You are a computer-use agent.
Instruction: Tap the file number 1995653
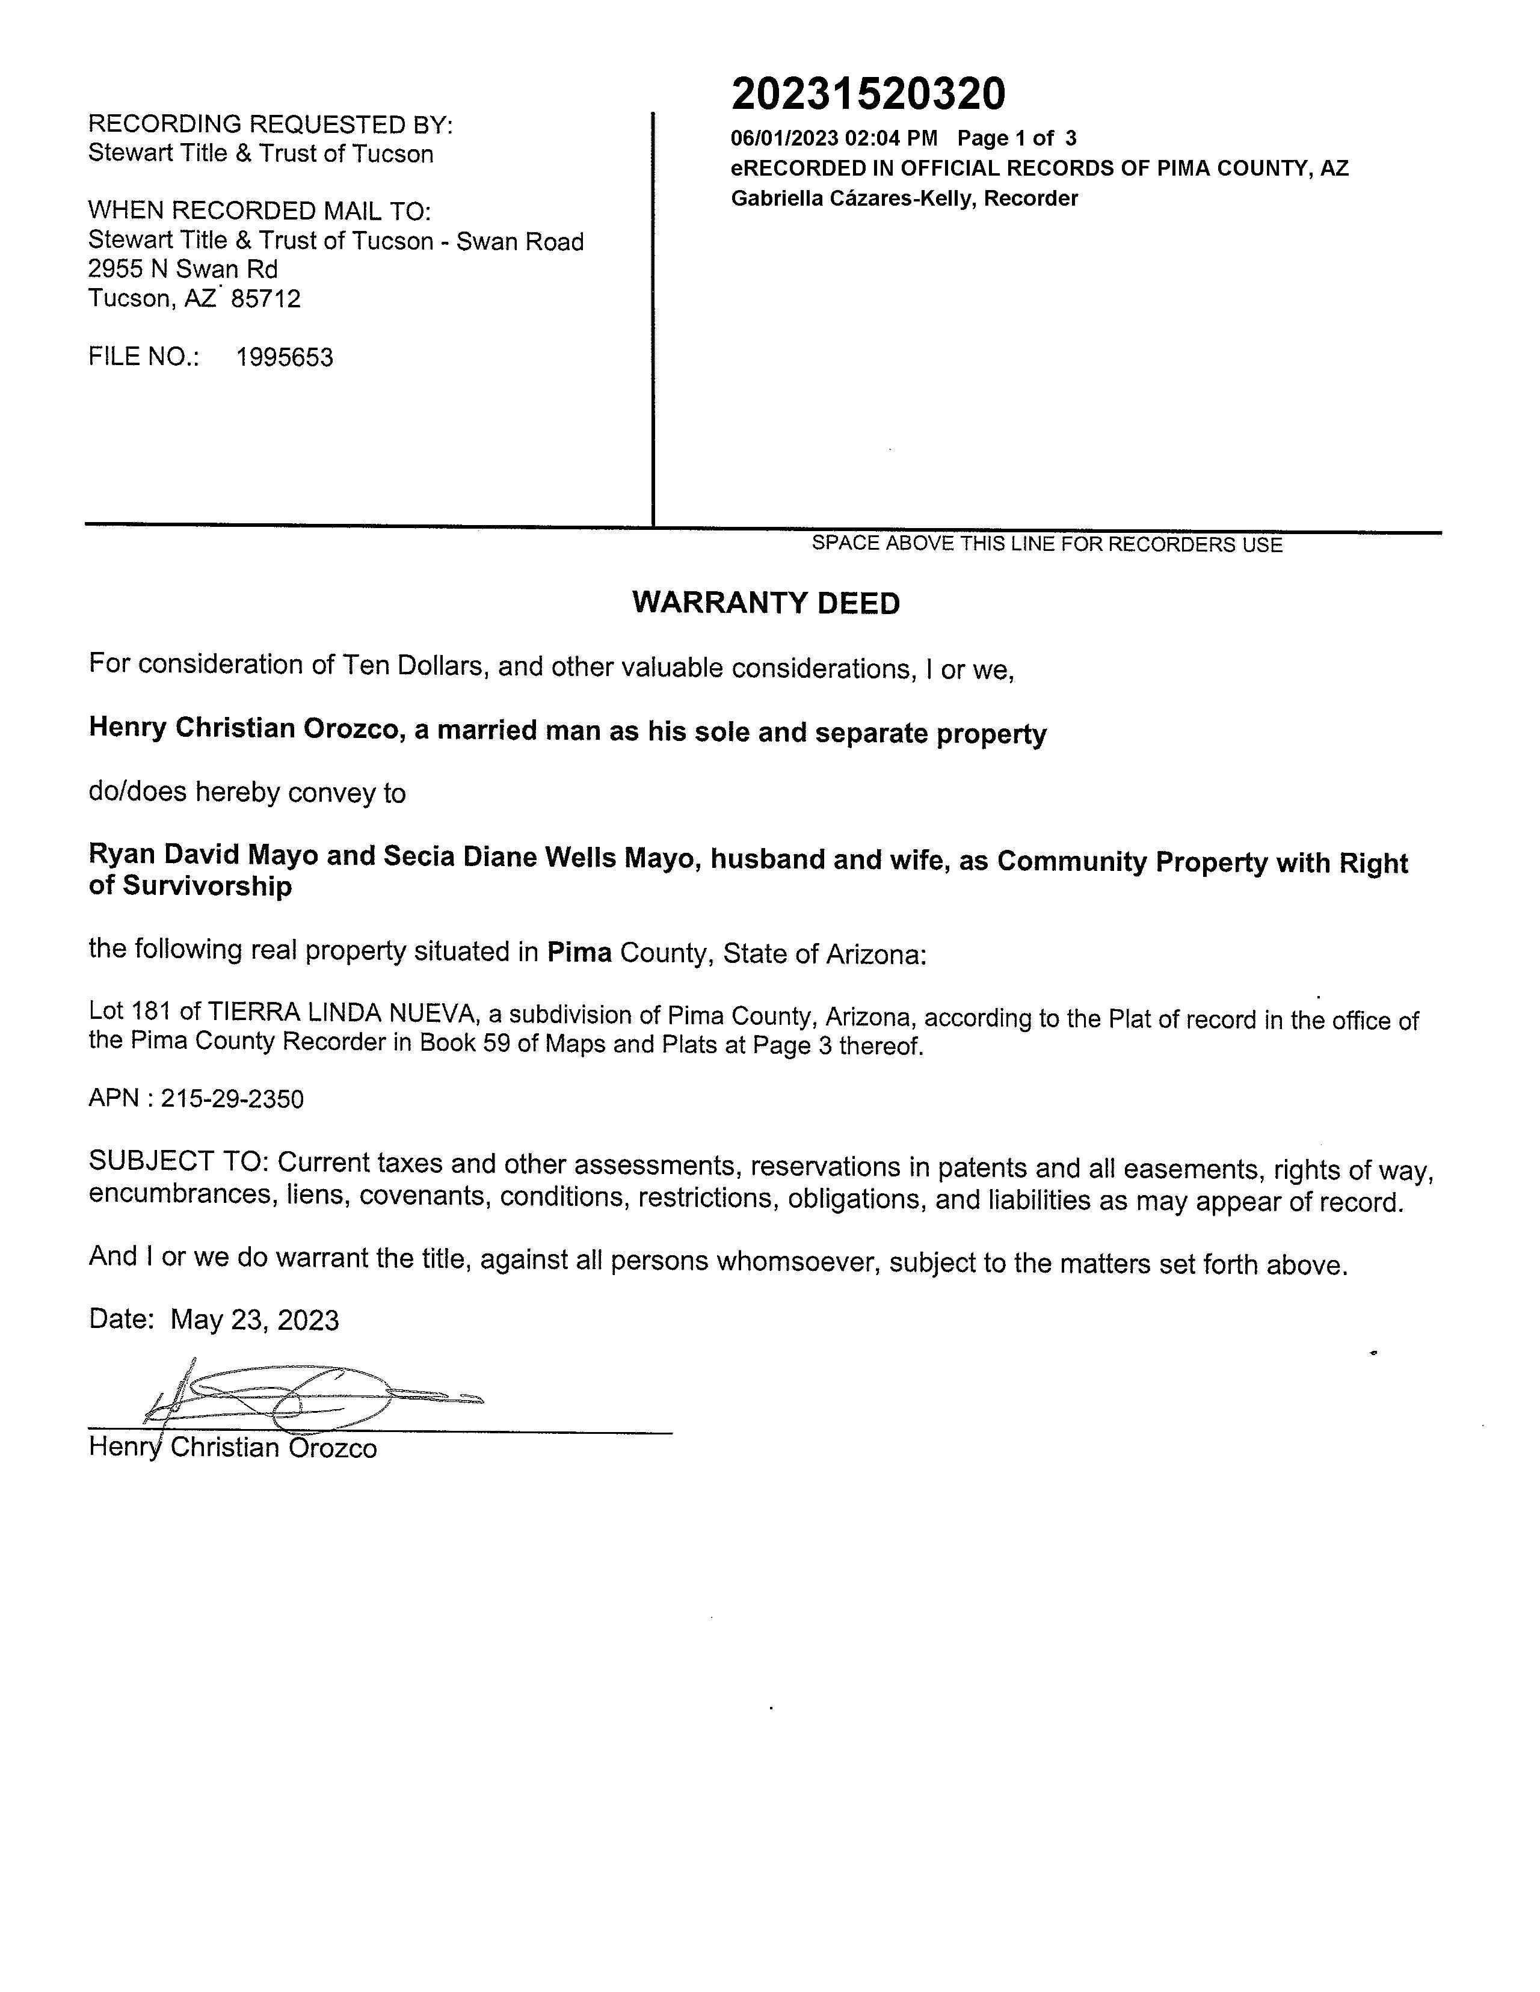[x=285, y=357]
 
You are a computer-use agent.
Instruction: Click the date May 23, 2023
[x=254, y=1320]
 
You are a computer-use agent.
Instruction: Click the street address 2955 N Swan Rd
[x=182, y=269]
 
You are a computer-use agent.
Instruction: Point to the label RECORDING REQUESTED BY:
[x=270, y=124]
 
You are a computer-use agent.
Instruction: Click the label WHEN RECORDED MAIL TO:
[x=259, y=211]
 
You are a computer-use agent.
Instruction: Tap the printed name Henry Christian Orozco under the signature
[x=233, y=1448]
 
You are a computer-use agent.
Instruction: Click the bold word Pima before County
[x=579, y=952]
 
